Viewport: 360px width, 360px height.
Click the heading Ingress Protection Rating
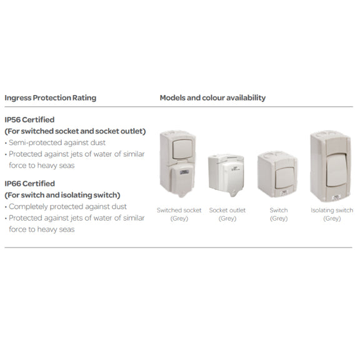[50, 98]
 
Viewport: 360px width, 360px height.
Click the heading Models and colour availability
[212, 98]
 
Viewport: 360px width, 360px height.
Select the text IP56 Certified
[29, 119]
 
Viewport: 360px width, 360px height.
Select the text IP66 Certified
[29, 184]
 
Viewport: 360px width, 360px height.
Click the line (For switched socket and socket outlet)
[75, 131]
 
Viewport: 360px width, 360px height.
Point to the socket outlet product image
[227, 175]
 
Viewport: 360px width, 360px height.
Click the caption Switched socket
[179, 211]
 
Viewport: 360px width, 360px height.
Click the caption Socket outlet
[227, 211]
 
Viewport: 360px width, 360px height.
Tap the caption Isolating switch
[332, 211]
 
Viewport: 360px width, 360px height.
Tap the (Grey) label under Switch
[279, 219]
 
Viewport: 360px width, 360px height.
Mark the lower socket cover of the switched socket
[179, 185]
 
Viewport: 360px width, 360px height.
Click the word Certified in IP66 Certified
[40, 184]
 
